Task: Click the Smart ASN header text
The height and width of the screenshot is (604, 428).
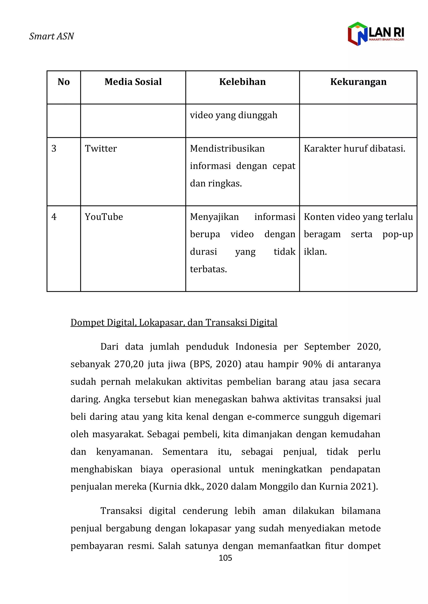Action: (x=51, y=36)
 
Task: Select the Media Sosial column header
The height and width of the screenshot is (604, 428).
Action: (x=133, y=82)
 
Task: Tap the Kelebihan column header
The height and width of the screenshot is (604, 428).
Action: (x=242, y=82)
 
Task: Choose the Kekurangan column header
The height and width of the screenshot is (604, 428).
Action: (x=358, y=82)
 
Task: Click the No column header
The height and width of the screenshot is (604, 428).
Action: (x=64, y=82)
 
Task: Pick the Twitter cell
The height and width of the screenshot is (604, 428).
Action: (x=101, y=149)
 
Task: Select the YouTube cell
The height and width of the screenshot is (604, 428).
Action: (x=104, y=217)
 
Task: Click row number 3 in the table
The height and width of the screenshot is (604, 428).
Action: (x=54, y=149)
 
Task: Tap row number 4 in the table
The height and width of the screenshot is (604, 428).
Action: (x=54, y=217)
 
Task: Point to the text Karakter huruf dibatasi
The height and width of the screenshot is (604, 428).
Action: (x=354, y=149)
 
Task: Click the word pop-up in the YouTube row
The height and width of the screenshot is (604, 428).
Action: (x=397, y=234)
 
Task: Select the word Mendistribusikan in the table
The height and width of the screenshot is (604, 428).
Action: (x=227, y=149)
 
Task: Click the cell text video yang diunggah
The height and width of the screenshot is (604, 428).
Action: (x=233, y=115)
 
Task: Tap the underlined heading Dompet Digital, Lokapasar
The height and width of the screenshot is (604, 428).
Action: (x=174, y=322)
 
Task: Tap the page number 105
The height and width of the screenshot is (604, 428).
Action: (x=225, y=558)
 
